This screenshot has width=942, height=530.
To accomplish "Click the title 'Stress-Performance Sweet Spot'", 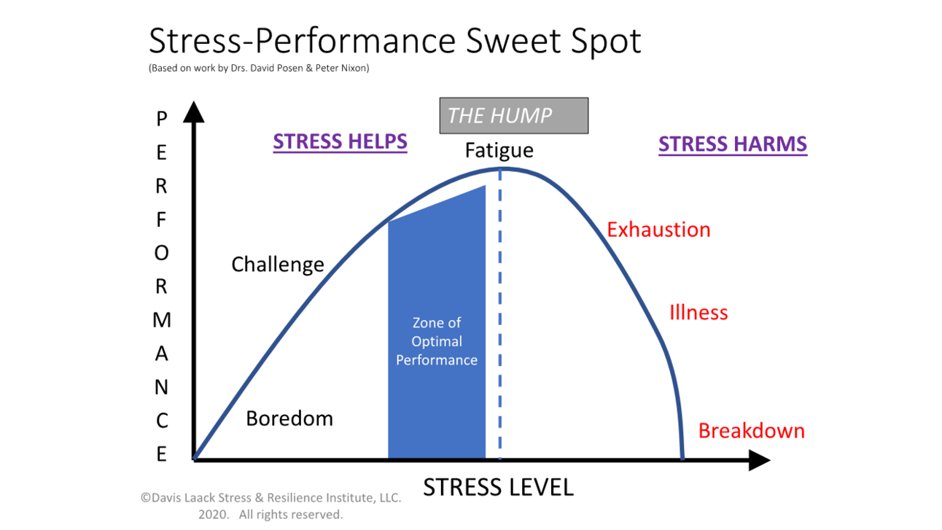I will click(x=394, y=42).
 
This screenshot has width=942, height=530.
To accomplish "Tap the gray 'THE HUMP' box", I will click(x=513, y=115).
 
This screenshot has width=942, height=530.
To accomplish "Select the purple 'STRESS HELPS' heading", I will click(x=340, y=141).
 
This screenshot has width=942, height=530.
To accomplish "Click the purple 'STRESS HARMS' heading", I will click(x=732, y=144).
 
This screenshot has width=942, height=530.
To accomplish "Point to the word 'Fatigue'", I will click(x=499, y=151).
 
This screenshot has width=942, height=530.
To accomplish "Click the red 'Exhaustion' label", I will click(x=658, y=230).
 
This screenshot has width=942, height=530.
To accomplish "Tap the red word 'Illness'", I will click(x=698, y=313).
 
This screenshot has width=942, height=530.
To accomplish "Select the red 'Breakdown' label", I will click(x=751, y=431).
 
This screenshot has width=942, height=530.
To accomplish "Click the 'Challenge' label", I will click(x=277, y=264).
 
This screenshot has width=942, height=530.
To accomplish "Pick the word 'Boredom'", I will click(x=289, y=418).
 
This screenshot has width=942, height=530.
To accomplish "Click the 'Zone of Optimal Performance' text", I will click(x=437, y=341).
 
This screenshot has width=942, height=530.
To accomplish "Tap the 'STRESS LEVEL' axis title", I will click(x=498, y=487).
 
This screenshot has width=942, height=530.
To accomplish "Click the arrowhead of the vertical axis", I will click(x=193, y=112).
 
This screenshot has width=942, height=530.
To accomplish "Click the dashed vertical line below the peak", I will click(x=500, y=328).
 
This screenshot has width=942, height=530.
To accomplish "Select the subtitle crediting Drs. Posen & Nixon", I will click(x=259, y=69).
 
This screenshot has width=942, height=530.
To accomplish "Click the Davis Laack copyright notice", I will click(x=270, y=506).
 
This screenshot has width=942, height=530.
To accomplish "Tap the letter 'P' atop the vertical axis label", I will click(x=162, y=118).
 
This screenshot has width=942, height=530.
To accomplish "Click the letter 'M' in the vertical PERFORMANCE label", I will click(x=162, y=320).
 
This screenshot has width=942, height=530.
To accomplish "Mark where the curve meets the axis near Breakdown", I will click(x=682, y=459).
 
